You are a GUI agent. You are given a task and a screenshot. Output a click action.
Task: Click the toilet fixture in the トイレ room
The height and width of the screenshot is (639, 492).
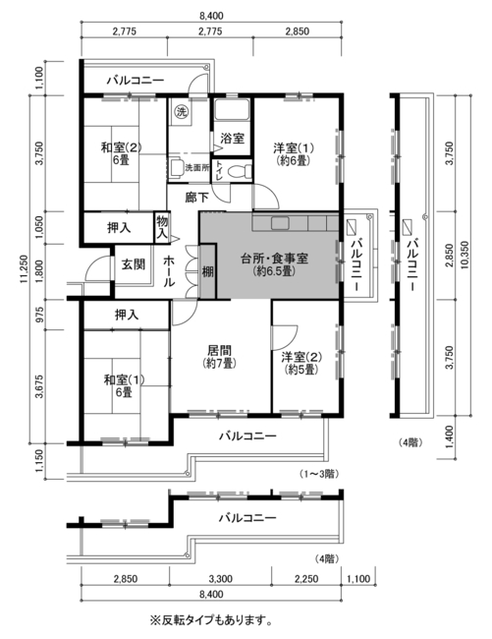(x=237, y=172)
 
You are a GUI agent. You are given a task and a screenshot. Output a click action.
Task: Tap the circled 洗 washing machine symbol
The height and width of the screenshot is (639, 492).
(x=181, y=111)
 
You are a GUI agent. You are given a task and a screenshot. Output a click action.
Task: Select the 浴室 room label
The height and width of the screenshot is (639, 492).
(x=232, y=139)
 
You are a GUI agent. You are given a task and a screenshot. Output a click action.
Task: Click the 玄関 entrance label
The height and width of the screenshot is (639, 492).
(x=134, y=264)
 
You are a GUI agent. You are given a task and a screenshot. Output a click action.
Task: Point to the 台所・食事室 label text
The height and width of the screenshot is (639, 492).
(x=275, y=259)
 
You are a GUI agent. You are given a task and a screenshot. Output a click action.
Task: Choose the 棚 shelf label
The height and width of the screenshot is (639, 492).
(x=207, y=271)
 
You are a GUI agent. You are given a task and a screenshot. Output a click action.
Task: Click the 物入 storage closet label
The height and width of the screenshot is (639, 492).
(x=162, y=228)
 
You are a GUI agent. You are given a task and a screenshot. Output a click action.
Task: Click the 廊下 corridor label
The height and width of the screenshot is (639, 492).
(x=197, y=198)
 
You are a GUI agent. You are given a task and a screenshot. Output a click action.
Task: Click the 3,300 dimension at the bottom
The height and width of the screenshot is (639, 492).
(x=220, y=579)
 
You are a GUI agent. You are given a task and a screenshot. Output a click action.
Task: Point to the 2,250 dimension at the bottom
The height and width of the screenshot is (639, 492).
(x=306, y=579)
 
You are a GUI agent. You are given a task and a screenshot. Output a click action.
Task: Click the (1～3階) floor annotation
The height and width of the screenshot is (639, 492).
(x=319, y=474)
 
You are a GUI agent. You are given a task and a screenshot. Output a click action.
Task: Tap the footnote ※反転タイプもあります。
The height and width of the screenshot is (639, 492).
(x=211, y=621)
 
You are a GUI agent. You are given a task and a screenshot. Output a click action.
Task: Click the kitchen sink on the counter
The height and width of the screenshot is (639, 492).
(x=280, y=223)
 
